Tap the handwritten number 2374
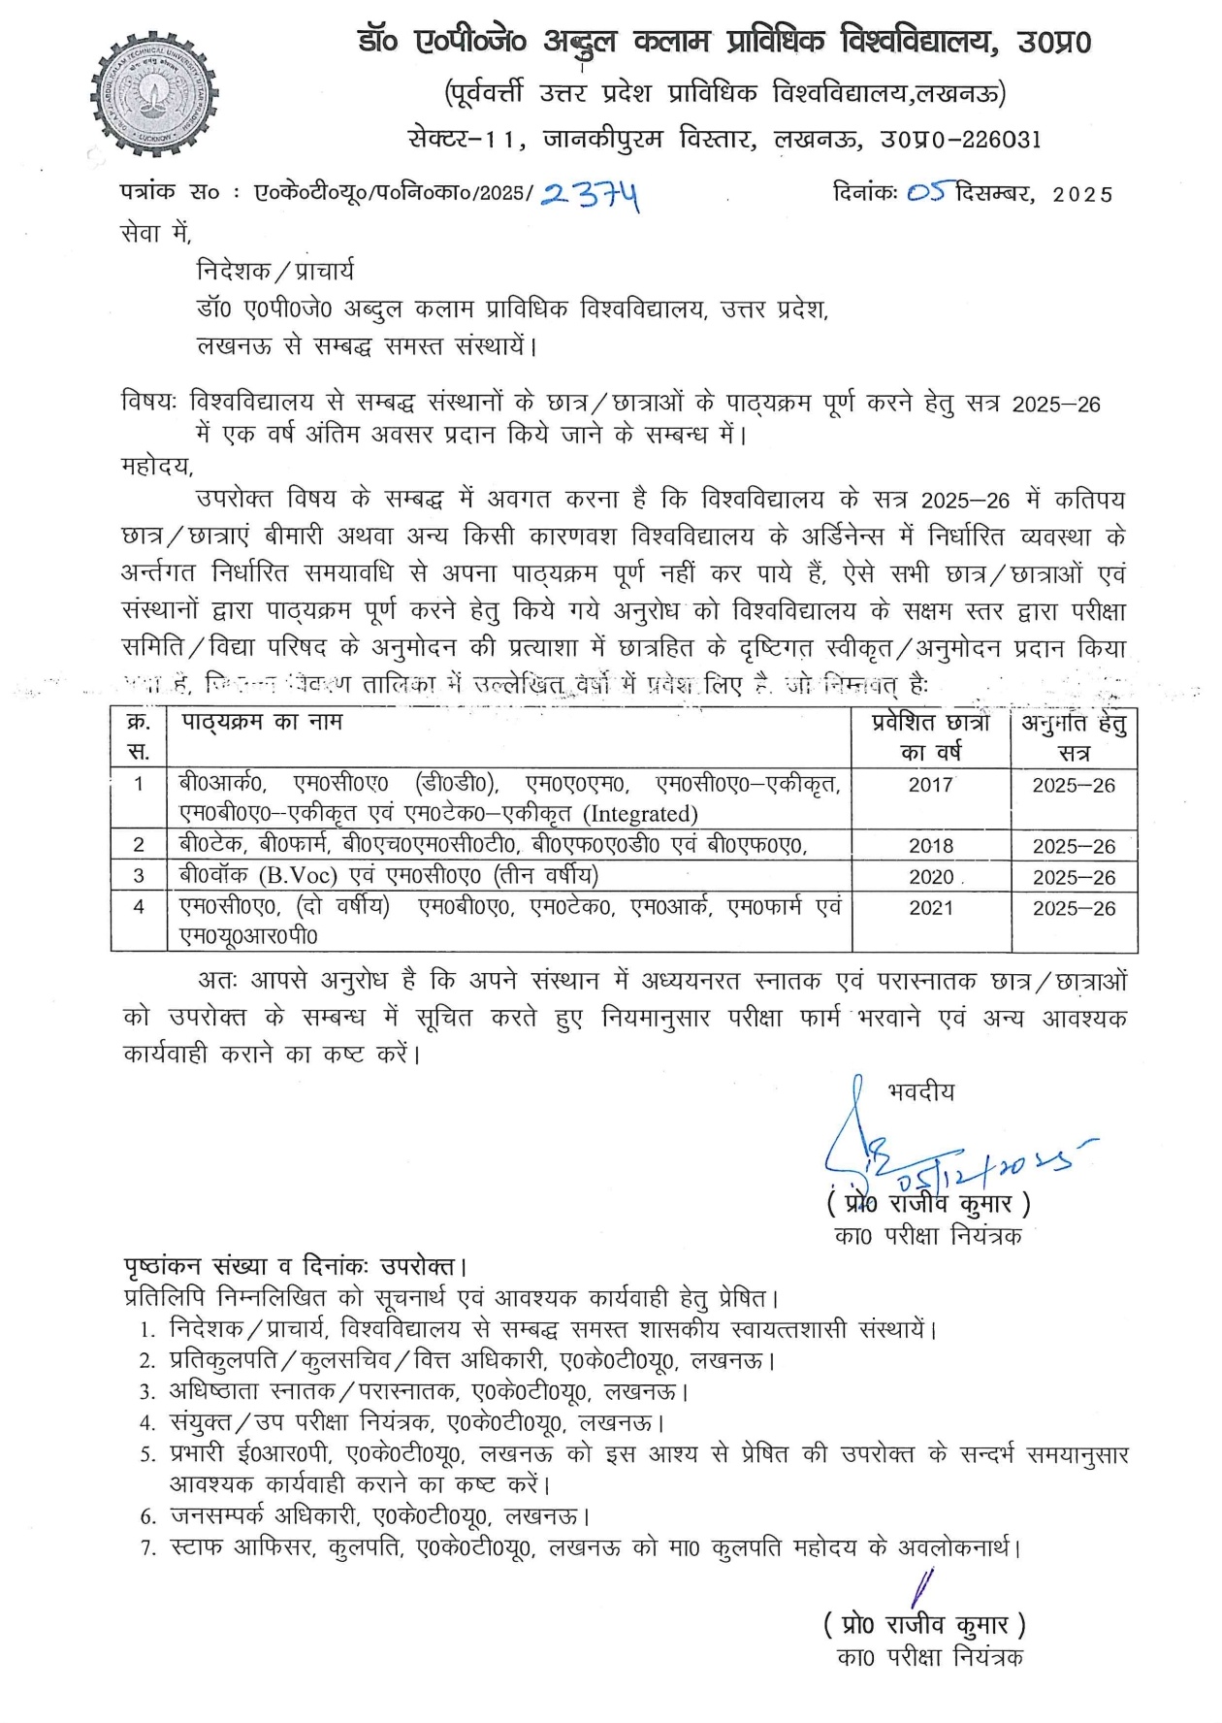pyautogui.click(x=591, y=196)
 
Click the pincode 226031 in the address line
pyautogui.click(x=1000, y=140)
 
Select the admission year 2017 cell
pyautogui.click(x=931, y=785)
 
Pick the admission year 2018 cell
pyautogui.click(x=931, y=846)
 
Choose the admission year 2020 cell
pyautogui.click(x=931, y=877)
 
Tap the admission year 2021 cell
pyautogui.click(x=931, y=908)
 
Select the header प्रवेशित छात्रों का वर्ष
pyautogui.click(x=931, y=737)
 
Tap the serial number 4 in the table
pyautogui.click(x=139, y=907)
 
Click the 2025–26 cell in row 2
pyautogui.click(x=1074, y=846)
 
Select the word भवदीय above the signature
pyautogui.click(x=920, y=1092)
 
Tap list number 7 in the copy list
pyautogui.click(x=147, y=1549)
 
